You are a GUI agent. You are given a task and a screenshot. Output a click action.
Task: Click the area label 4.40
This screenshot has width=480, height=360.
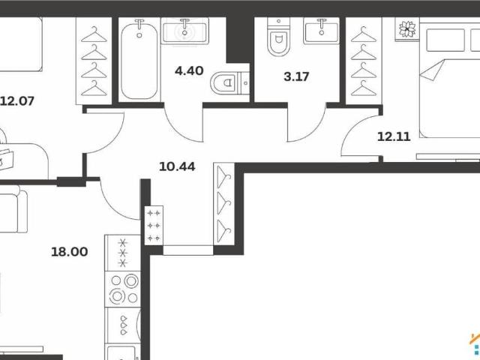[189, 70]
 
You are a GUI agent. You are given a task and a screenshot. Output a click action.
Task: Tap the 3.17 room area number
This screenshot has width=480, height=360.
[296, 76]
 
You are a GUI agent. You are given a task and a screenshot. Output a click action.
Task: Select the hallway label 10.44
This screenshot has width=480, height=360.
[177, 166]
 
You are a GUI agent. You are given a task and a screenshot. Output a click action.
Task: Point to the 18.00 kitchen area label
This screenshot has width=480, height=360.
[70, 252]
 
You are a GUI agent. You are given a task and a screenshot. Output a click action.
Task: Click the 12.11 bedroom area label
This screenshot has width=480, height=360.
[394, 136]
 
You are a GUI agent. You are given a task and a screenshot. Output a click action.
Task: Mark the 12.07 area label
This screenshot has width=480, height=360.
[17, 101]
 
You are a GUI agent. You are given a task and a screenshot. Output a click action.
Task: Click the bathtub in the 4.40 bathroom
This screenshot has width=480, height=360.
[139, 60]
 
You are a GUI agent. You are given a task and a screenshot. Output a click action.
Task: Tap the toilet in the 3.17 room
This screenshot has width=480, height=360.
[278, 37]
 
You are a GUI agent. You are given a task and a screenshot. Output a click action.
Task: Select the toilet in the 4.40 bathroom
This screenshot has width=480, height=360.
[229, 82]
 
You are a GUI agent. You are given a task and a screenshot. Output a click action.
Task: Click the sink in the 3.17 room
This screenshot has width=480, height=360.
[322, 31]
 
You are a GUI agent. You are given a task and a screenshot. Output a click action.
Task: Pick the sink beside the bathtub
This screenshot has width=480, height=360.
[185, 31]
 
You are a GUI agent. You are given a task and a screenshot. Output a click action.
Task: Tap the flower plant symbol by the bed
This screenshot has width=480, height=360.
[407, 28]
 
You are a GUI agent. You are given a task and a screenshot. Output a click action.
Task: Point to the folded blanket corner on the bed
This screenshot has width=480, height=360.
[432, 70]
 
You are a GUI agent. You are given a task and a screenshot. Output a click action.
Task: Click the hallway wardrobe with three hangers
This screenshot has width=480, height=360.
[224, 203]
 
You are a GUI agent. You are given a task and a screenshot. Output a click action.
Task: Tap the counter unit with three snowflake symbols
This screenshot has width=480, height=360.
[123, 253]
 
